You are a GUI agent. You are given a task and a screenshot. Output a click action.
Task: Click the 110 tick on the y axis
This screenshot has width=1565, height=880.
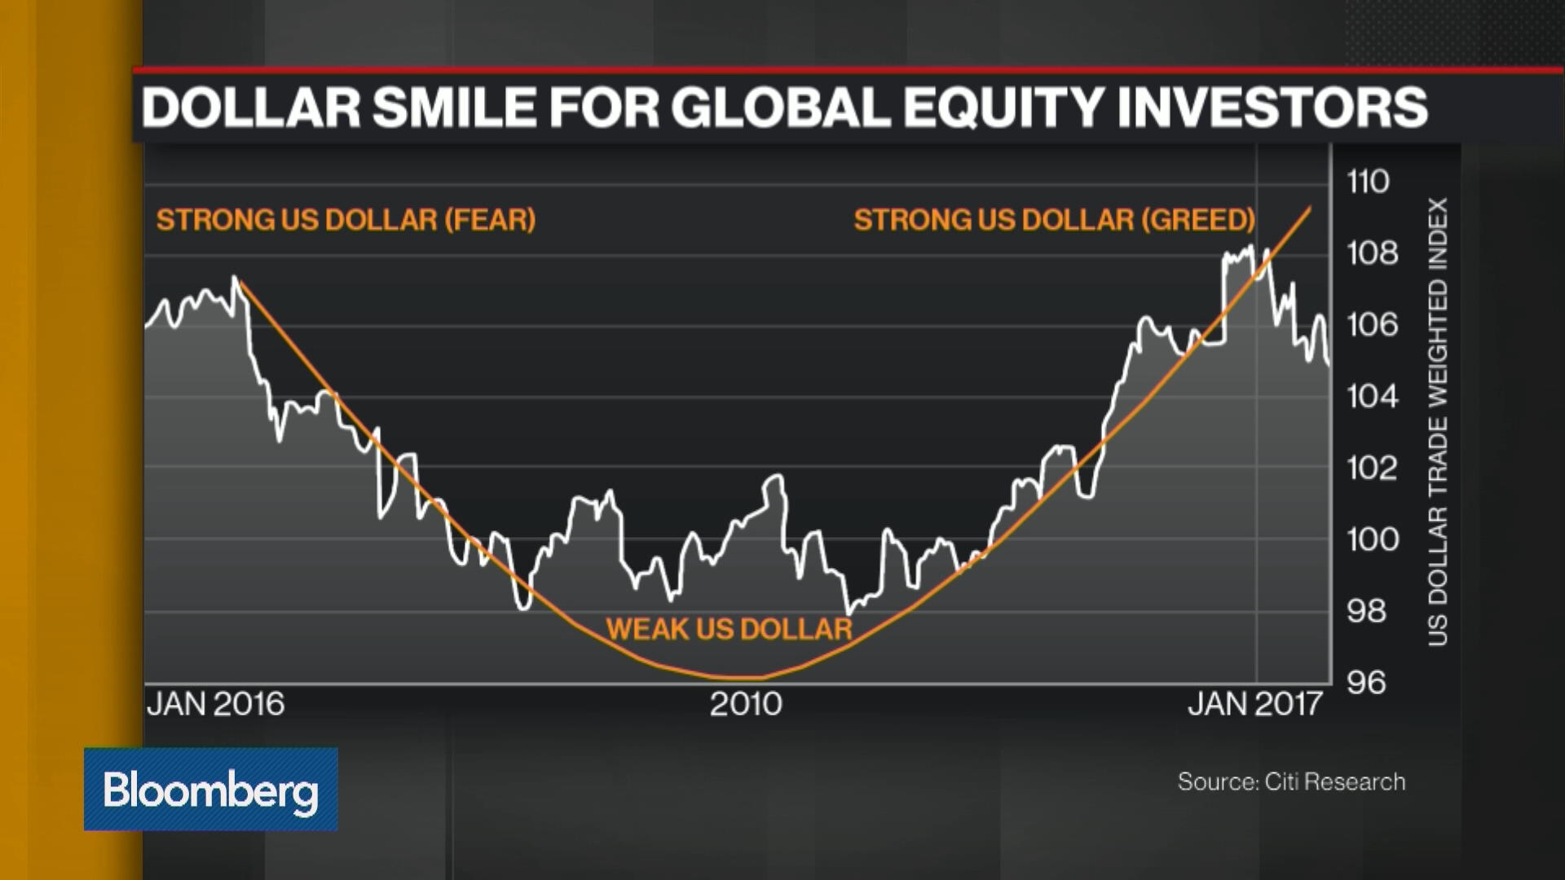click(x=1368, y=181)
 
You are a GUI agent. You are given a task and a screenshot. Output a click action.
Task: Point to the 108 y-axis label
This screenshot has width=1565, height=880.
click(x=1372, y=253)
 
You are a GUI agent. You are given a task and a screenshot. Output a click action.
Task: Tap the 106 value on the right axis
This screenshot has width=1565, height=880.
click(x=1372, y=325)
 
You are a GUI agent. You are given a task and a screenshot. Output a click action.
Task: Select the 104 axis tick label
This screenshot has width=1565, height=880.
click(x=1372, y=397)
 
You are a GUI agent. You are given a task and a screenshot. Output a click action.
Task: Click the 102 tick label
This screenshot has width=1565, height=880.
click(x=1372, y=468)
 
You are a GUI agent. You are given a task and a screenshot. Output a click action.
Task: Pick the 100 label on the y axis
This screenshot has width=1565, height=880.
click(x=1372, y=539)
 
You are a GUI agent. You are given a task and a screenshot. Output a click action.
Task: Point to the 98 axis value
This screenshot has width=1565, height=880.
click(x=1366, y=611)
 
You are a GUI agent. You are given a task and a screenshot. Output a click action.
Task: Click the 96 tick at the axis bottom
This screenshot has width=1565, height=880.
click(x=1366, y=683)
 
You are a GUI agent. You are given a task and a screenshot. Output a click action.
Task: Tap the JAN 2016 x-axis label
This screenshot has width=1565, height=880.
click(x=215, y=704)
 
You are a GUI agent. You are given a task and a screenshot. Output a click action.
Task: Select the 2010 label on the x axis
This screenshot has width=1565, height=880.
click(x=745, y=704)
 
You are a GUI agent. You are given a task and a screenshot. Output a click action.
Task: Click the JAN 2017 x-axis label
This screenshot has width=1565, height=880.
click(x=1254, y=704)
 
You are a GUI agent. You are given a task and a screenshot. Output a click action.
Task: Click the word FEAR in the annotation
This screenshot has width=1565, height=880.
click(x=490, y=220)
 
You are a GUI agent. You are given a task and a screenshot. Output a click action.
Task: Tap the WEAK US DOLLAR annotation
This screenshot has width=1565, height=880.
click(x=729, y=629)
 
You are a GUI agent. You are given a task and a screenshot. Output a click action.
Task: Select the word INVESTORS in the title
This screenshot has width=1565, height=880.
click(x=1272, y=108)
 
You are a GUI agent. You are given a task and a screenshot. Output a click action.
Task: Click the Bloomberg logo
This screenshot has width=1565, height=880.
click(x=210, y=790)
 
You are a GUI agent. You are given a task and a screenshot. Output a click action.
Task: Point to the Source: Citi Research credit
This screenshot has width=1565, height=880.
click(x=1291, y=782)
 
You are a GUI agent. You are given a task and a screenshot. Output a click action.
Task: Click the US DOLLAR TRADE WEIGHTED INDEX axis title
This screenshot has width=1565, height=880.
click(x=1438, y=422)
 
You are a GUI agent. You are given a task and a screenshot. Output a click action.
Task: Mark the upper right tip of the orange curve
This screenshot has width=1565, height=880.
click(x=1310, y=208)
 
